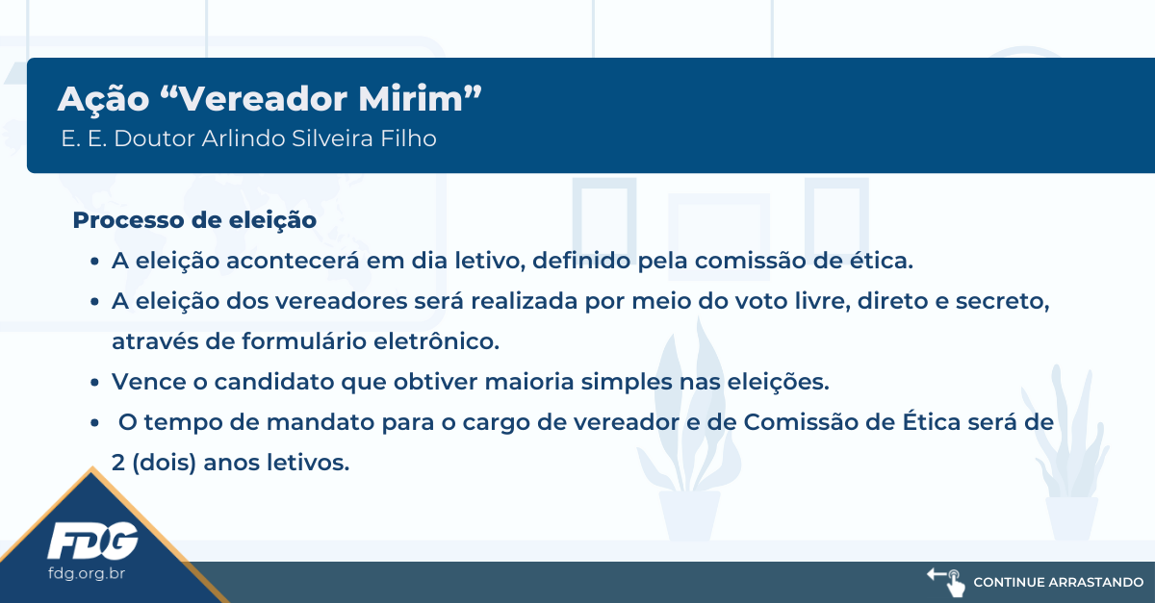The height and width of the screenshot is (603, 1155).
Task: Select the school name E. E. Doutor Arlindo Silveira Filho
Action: [248, 138]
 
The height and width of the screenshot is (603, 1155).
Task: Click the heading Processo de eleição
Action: [194, 220]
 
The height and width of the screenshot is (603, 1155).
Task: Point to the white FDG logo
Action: [92, 540]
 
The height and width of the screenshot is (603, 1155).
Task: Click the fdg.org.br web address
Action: [87, 573]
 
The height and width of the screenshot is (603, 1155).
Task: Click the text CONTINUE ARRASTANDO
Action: [1058, 583]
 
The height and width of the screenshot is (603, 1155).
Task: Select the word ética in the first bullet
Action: [882, 261]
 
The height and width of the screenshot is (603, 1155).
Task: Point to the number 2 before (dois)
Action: [118, 463]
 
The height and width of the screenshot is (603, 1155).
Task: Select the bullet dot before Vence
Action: [94, 383]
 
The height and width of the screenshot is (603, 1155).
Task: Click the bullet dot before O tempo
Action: [94, 422]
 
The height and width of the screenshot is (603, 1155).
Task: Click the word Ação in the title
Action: [104, 98]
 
